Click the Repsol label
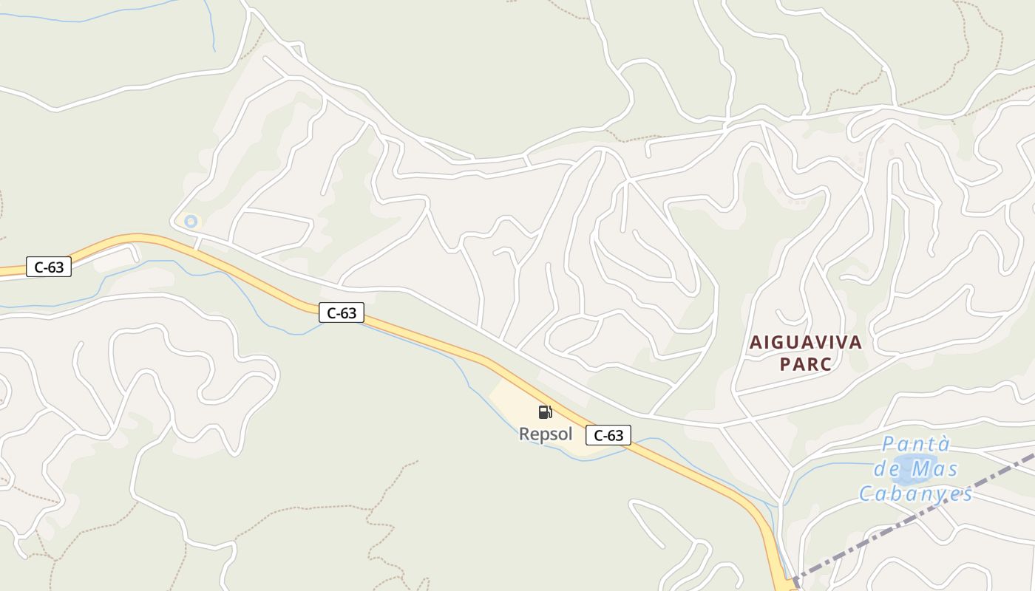(x=546, y=434)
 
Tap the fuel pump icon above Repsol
(x=545, y=411)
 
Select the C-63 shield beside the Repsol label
(x=608, y=435)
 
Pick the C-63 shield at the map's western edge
(x=49, y=267)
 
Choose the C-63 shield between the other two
(x=342, y=312)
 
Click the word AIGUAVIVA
(x=806, y=342)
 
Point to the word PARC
(x=806, y=364)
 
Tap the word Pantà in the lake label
(x=916, y=445)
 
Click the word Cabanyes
(x=915, y=493)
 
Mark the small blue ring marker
(x=191, y=221)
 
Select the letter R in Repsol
(x=525, y=434)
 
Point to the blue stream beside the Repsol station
(x=473, y=384)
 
